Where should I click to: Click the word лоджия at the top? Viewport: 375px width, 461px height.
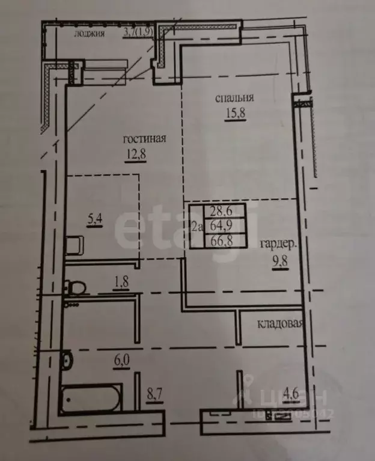tap(90, 34)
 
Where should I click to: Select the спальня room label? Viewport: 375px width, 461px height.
tap(235, 98)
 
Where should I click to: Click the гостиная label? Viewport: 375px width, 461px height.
tap(144, 139)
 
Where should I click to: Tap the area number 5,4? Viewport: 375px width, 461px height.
tap(95, 219)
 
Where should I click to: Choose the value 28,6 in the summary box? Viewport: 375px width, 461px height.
tap(221, 212)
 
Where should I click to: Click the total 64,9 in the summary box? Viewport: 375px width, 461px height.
tap(221, 227)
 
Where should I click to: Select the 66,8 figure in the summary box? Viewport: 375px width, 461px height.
tap(221, 241)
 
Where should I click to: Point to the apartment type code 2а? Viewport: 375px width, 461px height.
tap(197, 227)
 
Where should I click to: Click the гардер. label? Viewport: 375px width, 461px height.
tap(278, 244)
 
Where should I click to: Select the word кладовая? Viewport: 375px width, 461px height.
tap(281, 325)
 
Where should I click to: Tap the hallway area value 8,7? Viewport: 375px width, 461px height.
tap(155, 397)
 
